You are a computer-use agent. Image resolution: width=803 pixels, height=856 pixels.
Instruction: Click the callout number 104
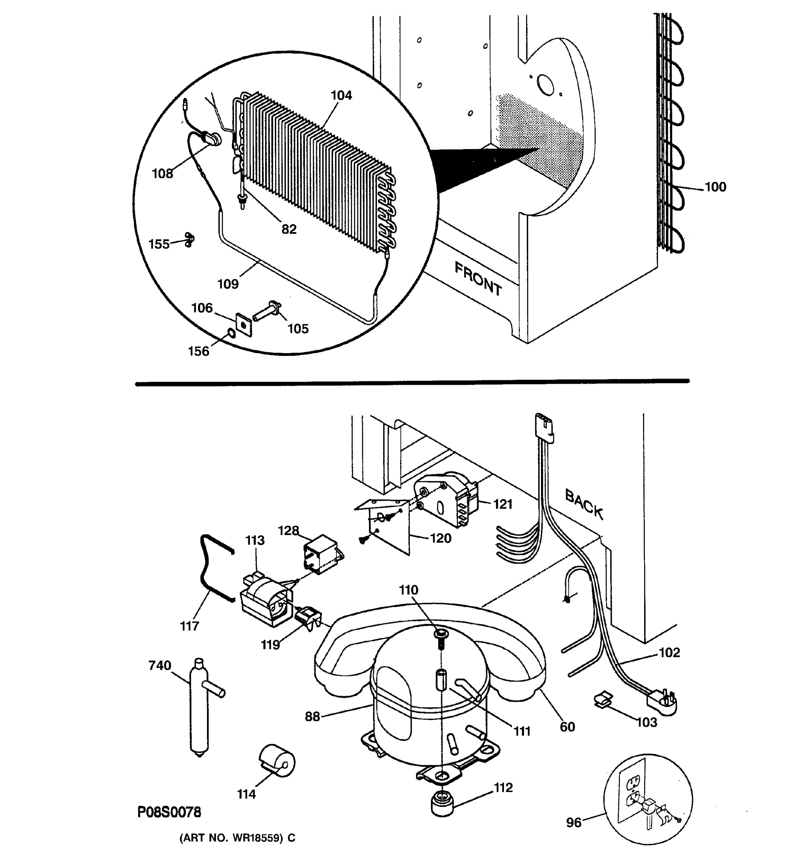click(x=341, y=95)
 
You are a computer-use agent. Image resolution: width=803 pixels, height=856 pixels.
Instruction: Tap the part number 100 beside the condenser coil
click(x=715, y=187)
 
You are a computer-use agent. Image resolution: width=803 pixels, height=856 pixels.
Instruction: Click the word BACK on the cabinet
click(x=584, y=503)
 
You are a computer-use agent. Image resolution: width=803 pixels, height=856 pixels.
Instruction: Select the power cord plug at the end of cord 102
click(x=662, y=707)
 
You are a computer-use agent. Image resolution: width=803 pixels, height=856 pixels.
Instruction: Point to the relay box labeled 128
click(x=322, y=554)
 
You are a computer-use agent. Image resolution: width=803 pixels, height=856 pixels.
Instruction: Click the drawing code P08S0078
click(x=169, y=812)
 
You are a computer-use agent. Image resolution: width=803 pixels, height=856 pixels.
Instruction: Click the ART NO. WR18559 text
click(x=237, y=838)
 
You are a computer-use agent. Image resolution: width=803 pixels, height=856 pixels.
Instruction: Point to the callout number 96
click(x=574, y=823)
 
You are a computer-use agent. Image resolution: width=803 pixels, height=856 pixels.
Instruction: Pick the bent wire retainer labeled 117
click(x=211, y=569)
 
